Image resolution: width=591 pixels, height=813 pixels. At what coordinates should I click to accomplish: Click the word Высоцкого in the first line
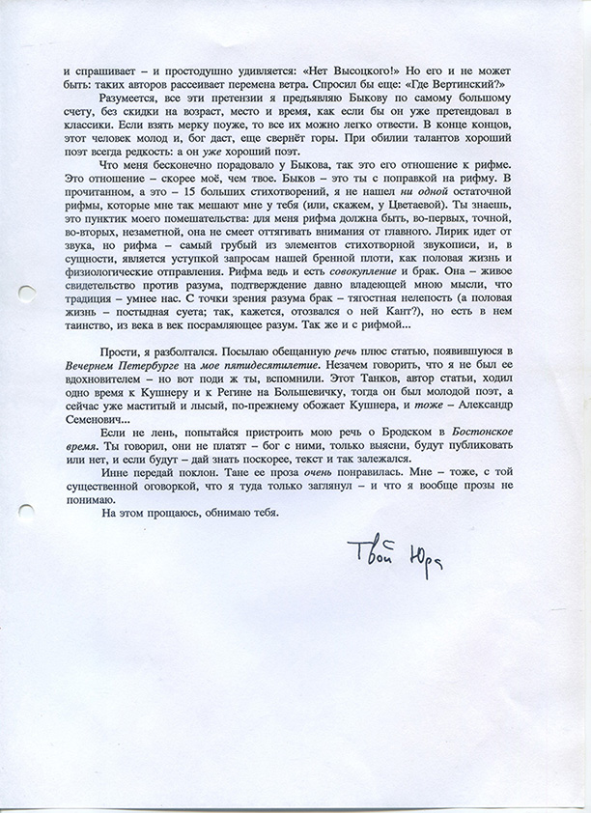pos(347,71)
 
